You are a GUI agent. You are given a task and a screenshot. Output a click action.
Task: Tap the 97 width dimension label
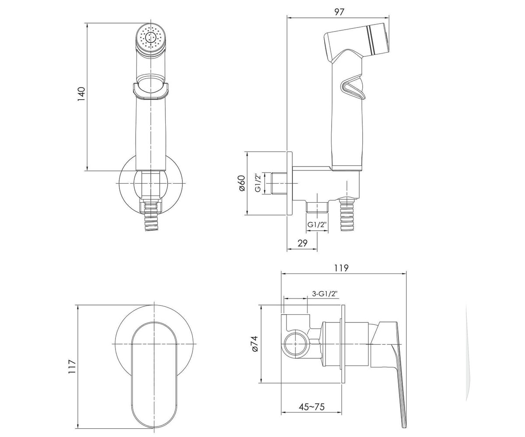click(x=339, y=12)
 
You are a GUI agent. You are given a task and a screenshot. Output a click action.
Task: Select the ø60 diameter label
click(x=241, y=183)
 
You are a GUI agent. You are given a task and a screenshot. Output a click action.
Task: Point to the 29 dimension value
click(x=302, y=243)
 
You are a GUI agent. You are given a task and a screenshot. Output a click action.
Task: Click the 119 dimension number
click(x=341, y=268)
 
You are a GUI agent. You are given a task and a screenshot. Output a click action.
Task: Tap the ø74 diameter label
click(x=255, y=343)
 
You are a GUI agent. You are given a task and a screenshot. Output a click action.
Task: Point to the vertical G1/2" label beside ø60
click(x=259, y=183)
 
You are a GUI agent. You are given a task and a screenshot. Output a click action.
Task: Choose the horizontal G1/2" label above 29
click(x=317, y=225)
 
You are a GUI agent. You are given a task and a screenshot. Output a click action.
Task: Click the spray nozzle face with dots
click(x=150, y=39)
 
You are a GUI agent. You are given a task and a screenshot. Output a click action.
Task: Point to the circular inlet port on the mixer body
click(x=295, y=344)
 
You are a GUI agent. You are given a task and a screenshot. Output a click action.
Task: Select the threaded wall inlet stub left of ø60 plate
click(x=280, y=183)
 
